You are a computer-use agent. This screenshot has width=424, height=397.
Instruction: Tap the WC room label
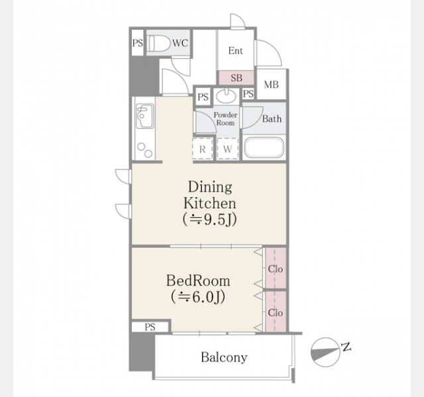coord(180,43)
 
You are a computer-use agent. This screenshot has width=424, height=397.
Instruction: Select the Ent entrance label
coord(236,50)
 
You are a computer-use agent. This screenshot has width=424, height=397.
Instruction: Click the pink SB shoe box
coord(237,78)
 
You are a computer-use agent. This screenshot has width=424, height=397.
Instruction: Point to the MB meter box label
coord(271,85)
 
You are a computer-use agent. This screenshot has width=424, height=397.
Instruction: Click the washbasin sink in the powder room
coord(227,96)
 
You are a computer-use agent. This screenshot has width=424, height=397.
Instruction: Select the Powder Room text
coord(225,119)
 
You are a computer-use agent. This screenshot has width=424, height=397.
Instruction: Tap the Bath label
coord(272,118)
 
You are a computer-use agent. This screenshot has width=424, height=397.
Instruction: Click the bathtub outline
coord(264,148)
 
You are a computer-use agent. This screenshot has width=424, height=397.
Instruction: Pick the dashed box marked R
coord(203,149)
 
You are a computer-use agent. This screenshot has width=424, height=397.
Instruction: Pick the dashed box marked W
coord(228,149)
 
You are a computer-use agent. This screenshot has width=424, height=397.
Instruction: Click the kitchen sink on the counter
coord(144,116)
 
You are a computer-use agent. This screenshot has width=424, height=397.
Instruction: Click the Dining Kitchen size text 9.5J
coord(210,220)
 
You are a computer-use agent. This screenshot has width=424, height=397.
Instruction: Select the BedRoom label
coord(198,281)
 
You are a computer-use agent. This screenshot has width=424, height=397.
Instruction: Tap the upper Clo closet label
coord(276,269)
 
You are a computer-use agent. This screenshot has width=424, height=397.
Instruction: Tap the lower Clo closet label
coord(276,313)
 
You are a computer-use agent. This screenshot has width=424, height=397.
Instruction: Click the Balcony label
coord(224,357)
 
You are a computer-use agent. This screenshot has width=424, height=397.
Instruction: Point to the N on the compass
coord(346,347)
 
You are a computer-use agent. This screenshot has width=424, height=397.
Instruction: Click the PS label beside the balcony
coord(150,327)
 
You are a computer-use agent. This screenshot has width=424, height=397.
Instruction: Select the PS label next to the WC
coord(138,43)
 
